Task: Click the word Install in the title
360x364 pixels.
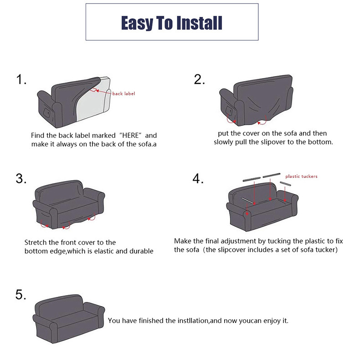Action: coord(199,23)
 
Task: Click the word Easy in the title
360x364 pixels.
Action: coord(137,23)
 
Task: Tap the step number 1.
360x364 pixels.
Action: coord(21,79)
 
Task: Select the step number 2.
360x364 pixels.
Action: coord(199,79)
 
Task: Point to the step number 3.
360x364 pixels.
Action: coord(21,178)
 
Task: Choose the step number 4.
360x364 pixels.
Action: coord(198,178)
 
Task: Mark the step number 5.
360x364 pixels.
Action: coord(21,295)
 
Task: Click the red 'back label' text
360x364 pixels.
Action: coord(123,94)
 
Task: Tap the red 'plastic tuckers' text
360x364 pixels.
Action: coord(301,177)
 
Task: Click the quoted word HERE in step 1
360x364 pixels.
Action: coord(130,135)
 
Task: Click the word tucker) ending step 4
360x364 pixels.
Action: coord(327,250)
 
